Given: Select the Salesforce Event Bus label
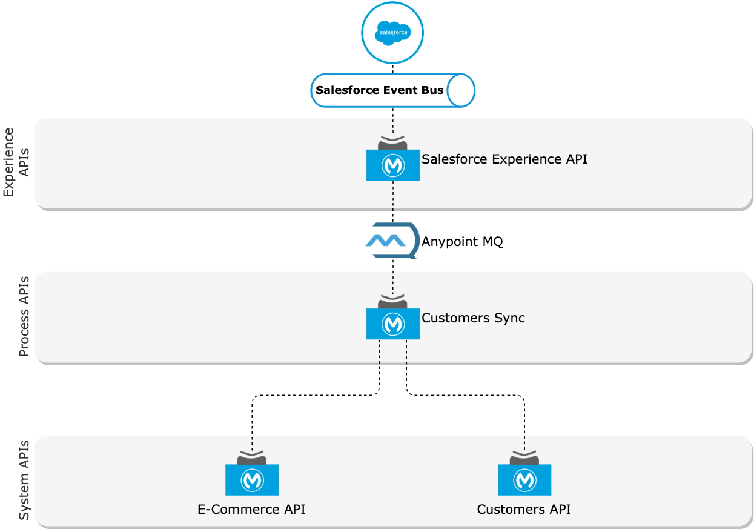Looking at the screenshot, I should click(x=380, y=90).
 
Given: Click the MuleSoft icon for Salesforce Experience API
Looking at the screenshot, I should click(x=392, y=164).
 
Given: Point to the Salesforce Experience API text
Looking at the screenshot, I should click(x=504, y=159).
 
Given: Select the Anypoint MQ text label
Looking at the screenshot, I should click(x=462, y=242).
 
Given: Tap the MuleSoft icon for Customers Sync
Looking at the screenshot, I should click(x=392, y=323).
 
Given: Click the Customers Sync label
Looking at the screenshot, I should click(x=473, y=318).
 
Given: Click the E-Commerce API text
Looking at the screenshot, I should click(x=251, y=509).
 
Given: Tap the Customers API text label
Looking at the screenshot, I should click(x=524, y=509).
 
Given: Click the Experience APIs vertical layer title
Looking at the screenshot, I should click(x=17, y=162).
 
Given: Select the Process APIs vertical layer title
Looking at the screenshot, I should click(x=24, y=316).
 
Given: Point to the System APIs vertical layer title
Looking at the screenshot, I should click(x=24, y=479).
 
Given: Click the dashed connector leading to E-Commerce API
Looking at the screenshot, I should click(x=315, y=396).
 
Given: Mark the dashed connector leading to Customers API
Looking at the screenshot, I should click(x=466, y=396).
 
